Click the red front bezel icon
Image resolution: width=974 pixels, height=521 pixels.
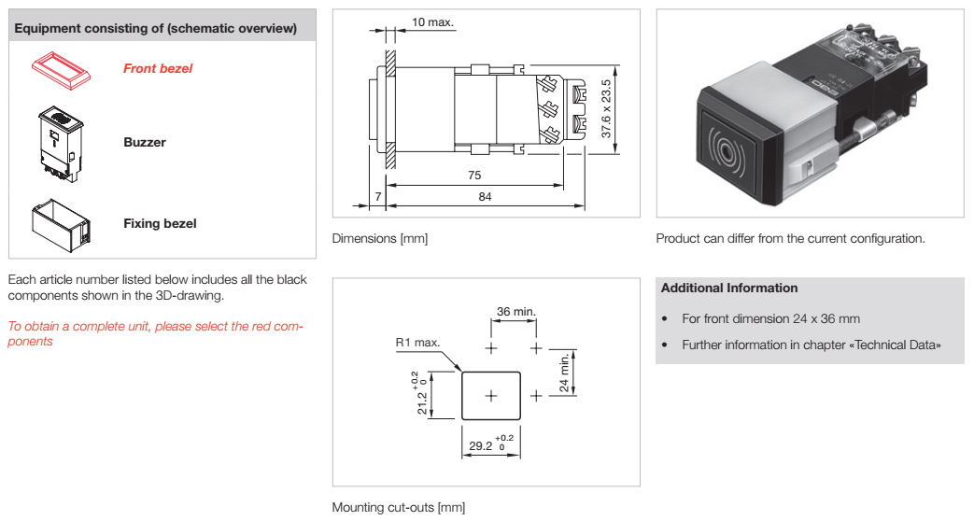click(61, 69)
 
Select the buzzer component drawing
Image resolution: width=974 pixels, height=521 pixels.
click(61, 144)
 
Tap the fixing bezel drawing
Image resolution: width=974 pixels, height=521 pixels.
click(61, 224)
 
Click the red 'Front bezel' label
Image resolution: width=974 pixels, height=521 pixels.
click(158, 68)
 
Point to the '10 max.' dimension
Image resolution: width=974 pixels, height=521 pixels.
click(433, 22)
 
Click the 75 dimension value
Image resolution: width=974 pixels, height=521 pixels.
click(474, 176)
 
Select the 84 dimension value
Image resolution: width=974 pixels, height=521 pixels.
click(486, 196)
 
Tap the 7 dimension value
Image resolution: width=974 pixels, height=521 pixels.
click(377, 196)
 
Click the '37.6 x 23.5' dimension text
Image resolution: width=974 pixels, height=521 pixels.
click(606, 108)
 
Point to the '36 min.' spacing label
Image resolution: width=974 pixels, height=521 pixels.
click(516, 311)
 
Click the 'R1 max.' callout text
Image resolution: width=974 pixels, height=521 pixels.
click(417, 342)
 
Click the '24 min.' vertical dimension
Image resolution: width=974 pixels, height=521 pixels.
click(564, 373)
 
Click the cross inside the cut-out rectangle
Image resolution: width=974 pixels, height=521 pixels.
click(490, 396)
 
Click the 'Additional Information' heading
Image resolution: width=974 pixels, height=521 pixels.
click(729, 288)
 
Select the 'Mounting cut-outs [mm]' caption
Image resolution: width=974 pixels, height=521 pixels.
click(398, 507)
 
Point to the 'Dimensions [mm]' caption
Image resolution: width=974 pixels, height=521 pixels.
click(379, 238)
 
